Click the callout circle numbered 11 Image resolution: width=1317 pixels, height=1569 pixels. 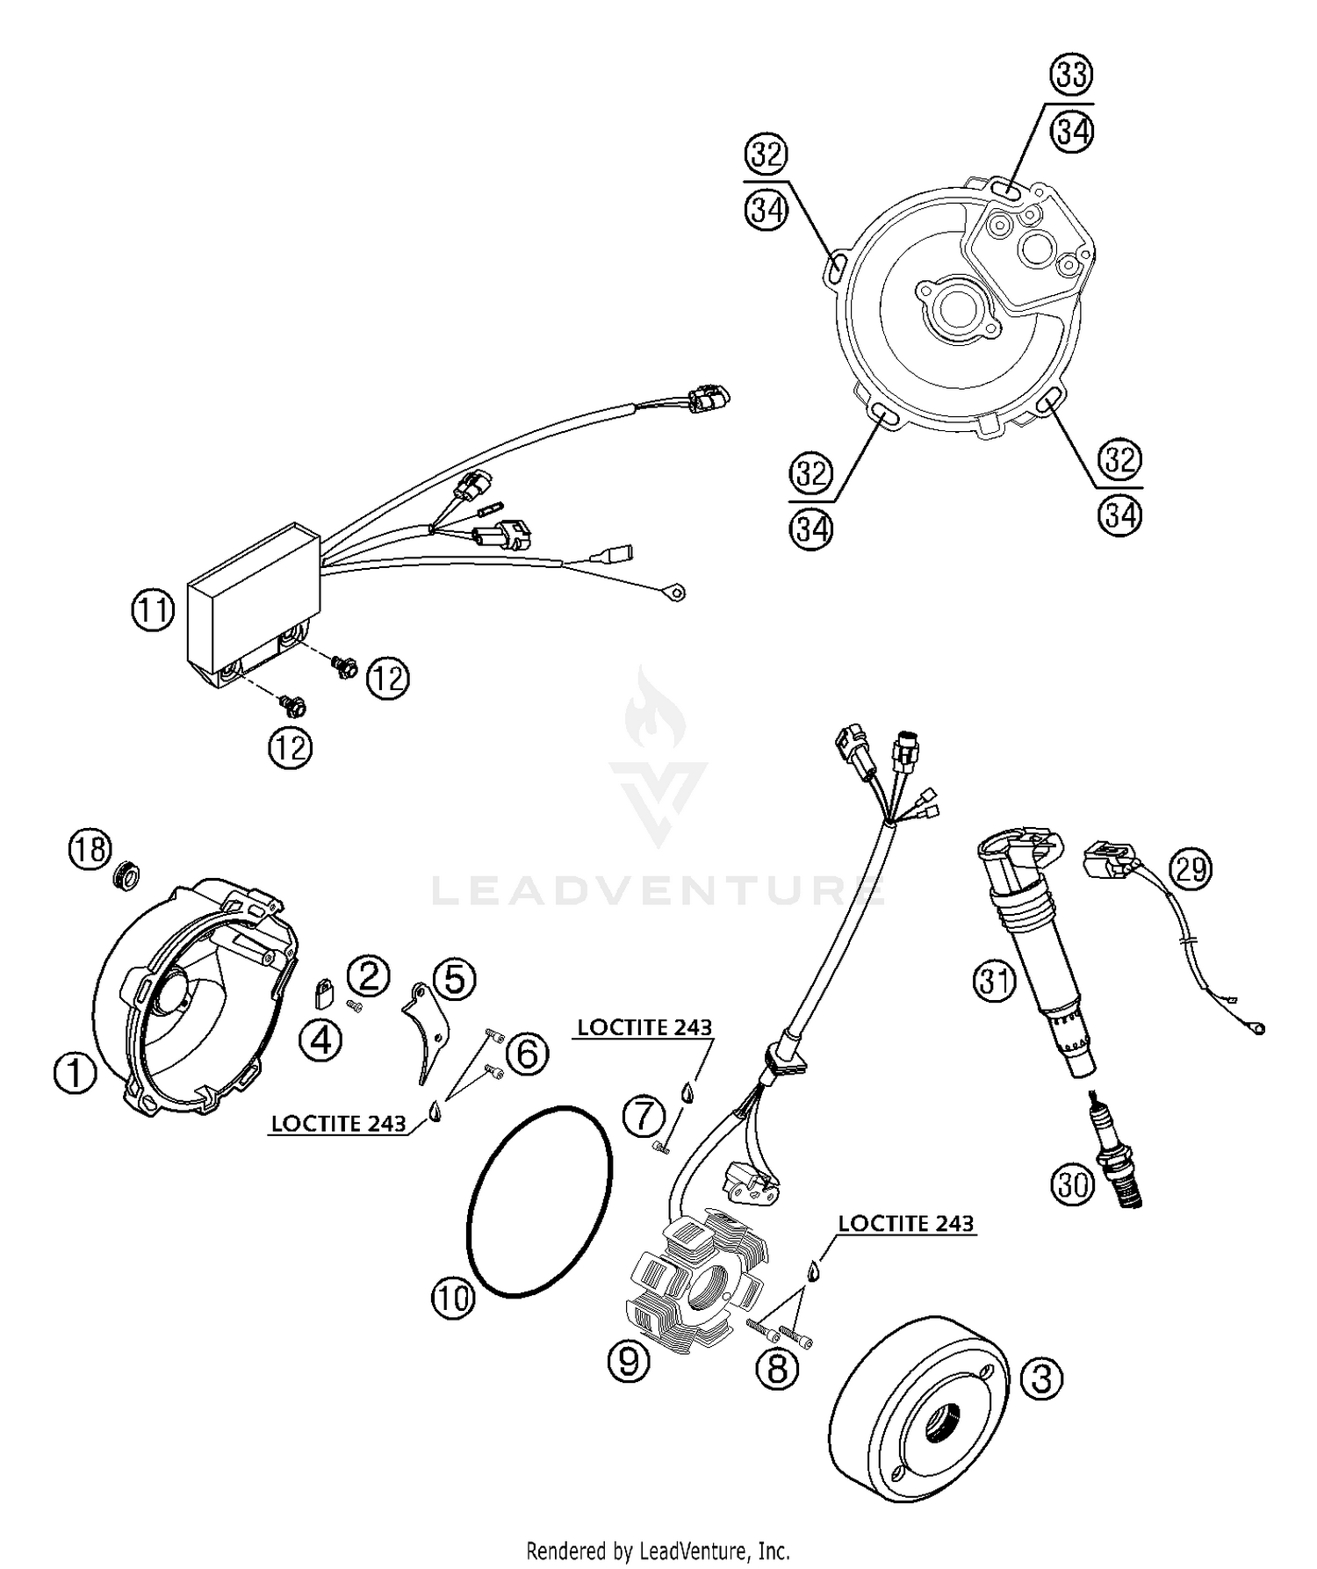coord(154,609)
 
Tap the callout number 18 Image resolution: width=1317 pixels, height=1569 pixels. coord(90,849)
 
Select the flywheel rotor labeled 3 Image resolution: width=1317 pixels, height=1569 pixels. coord(913,1405)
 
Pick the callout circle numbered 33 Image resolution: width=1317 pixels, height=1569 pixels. coord(1072,76)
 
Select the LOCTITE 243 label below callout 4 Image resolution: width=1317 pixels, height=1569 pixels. coord(338,1123)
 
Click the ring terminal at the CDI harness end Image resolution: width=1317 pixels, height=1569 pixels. coord(673,594)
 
